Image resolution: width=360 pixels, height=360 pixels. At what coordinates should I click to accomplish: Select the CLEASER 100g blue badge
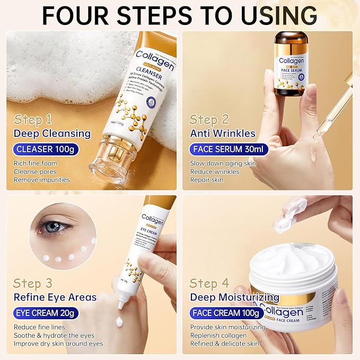point(47,149)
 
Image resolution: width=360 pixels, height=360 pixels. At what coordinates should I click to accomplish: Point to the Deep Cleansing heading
point(52,133)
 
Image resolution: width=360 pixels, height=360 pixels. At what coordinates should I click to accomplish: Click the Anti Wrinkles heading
point(223,133)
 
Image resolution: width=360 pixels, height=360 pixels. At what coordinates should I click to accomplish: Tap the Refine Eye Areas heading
point(55,297)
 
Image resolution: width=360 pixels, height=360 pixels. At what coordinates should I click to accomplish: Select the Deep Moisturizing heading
point(234,297)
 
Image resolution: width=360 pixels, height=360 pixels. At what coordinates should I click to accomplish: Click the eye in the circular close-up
point(53,226)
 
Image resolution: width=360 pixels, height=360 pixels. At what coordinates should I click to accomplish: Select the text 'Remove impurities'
point(42,180)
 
